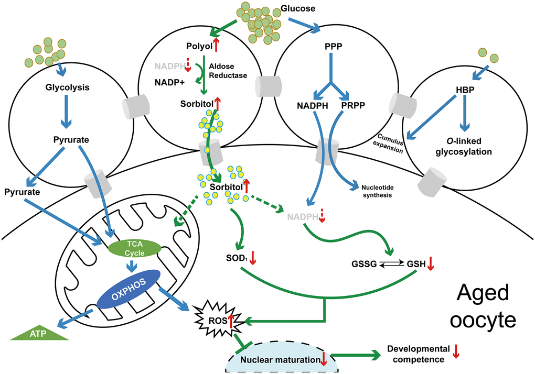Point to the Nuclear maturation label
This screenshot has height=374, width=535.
click(280, 360)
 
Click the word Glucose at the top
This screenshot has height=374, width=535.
click(297, 9)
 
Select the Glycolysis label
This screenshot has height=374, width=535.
click(67, 87)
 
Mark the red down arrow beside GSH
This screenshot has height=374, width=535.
click(430, 265)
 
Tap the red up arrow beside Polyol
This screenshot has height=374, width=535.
click(216, 46)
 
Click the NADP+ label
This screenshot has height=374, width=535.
click(169, 82)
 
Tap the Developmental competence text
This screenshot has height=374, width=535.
click(418, 354)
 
